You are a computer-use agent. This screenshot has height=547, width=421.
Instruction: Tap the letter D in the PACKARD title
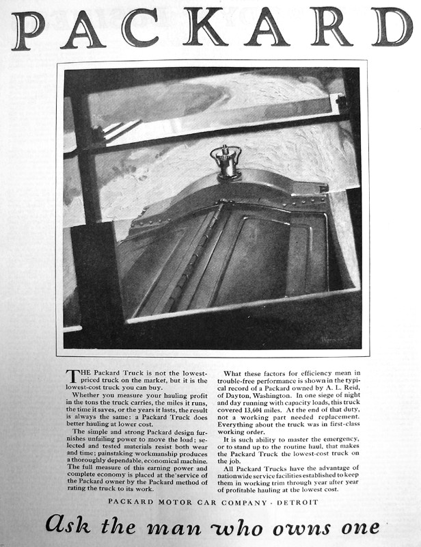[x=392, y=28]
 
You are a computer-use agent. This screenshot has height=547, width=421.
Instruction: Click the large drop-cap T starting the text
[x=70, y=376]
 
